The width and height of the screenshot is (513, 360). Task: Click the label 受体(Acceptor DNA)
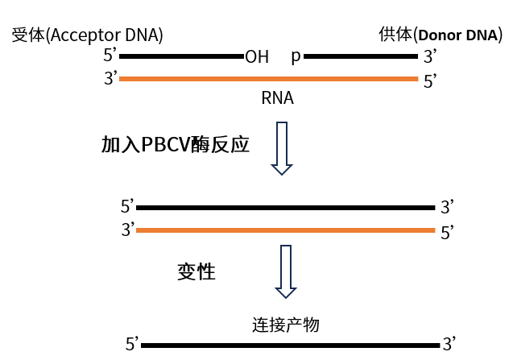coord(87,35)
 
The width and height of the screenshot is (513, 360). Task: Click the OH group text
coord(257,57)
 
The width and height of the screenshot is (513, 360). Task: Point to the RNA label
coord(277,98)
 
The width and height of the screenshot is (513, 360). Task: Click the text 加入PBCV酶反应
coord(175,145)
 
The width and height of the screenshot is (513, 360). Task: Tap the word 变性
coord(197,271)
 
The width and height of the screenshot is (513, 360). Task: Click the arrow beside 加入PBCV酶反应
coord(281,148)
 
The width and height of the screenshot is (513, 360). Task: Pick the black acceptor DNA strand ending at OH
coord(182,57)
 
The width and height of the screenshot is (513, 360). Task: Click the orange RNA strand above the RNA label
coord(269,79)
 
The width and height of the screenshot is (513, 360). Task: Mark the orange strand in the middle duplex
coord(285,230)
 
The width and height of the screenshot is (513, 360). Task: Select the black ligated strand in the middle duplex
coord(285,207)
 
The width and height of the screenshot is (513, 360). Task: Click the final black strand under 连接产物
coord(291,346)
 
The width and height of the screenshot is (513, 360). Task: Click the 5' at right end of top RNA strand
coord(431,81)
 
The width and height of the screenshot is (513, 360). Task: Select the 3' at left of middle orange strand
coord(128,230)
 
